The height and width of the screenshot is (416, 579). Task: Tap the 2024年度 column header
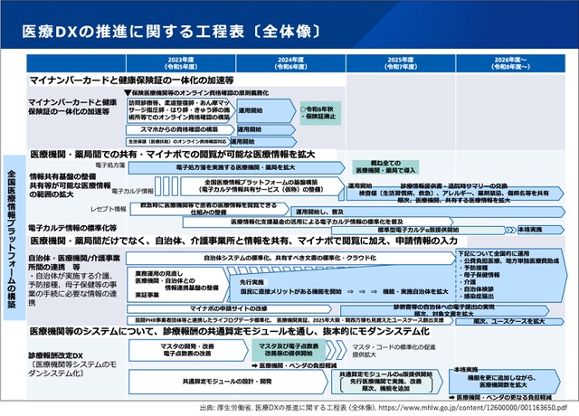pyautogui.click(x=290, y=64)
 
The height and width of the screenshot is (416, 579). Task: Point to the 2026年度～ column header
pyautogui.click(x=513, y=64)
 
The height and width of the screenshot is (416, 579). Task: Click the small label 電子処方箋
pyautogui.click(x=109, y=165)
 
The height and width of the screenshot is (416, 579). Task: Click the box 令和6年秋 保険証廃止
pyautogui.click(x=320, y=112)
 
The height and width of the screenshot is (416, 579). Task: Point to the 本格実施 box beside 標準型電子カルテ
pyautogui.click(x=530, y=230)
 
